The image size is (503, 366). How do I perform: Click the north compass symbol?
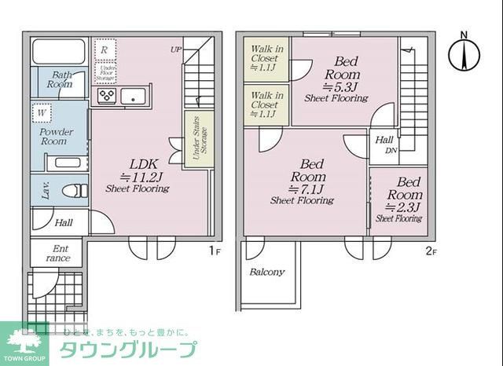click(463, 53)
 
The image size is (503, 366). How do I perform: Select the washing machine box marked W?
click(40, 113)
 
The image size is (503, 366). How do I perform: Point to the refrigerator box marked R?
click(104, 49)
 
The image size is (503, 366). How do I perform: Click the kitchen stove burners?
click(106, 96)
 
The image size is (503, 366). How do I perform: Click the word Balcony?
click(267, 273)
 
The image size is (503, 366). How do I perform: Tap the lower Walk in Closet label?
click(264, 104)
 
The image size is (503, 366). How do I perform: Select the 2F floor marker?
click(430, 251)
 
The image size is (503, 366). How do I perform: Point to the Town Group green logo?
click(24, 344)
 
